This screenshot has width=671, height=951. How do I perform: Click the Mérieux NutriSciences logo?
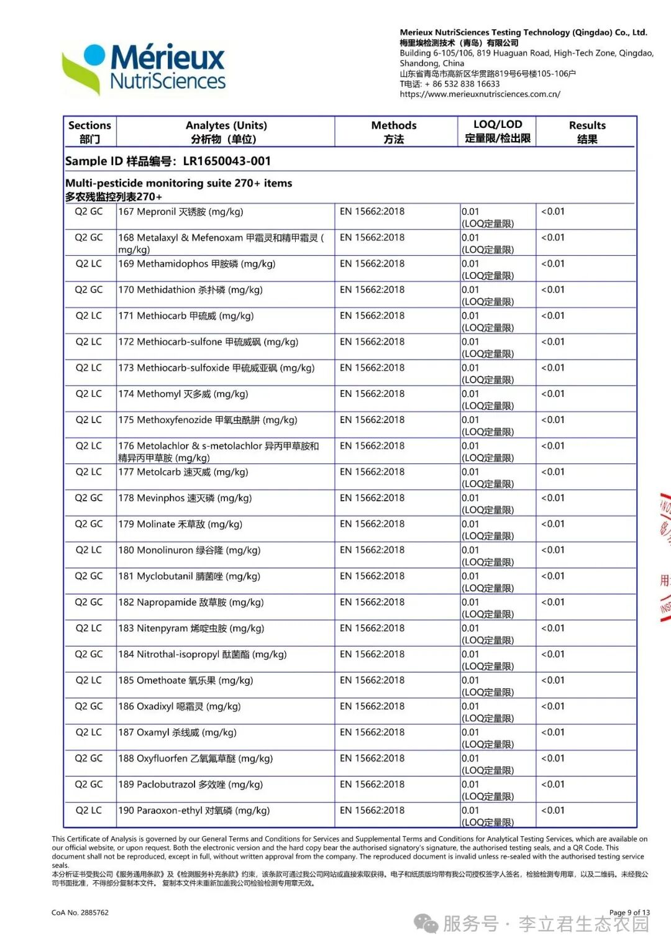(x=144, y=69)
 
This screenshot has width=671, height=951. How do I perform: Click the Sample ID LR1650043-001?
(x=168, y=161)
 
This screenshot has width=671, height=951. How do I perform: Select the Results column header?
(x=587, y=132)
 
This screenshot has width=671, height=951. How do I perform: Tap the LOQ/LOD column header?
(x=497, y=131)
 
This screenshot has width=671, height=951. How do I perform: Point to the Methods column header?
(x=394, y=132)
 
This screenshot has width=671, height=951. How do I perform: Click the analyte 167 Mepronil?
(x=180, y=212)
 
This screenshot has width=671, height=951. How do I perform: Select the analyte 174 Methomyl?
(x=183, y=394)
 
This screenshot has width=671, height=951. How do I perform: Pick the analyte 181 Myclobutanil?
(x=189, y=576)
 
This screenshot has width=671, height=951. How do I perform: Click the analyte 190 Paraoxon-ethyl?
(x=194, y=811)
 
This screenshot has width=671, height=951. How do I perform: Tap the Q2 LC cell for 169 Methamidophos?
(x=89, y=264)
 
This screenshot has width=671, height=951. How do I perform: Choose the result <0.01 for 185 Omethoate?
(x=552, y=680)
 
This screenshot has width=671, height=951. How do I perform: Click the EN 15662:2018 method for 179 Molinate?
(x=372, y=524)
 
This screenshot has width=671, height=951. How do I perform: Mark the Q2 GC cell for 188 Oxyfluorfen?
(x=89, y=758)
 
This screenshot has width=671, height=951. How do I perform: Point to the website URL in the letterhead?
(x=480, y=94)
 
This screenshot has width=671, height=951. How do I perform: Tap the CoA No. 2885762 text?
(x=80, y=912)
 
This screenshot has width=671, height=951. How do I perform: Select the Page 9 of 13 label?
(x=629, y=912)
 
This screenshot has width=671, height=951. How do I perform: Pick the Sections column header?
(x=89, y=132)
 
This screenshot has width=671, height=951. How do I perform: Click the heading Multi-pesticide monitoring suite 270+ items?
(x=178, y=183)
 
